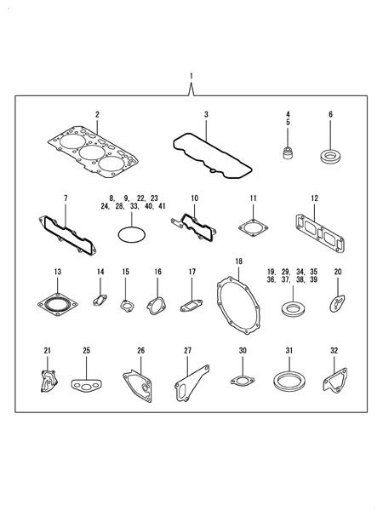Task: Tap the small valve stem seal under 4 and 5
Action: click(x=288, y=154)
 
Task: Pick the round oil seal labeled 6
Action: click(x=329, y=157)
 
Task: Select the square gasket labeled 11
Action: click(x=253, y=230)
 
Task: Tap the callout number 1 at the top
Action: click(x=191, y=77)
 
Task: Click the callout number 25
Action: click(x=86, y=350)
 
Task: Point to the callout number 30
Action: click(x=243, y=350)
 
